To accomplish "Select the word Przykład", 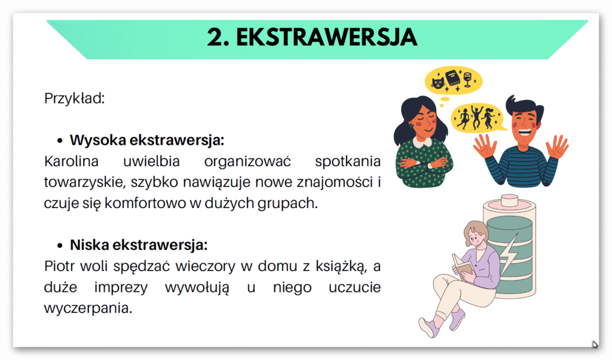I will pyautogui.click(x=75, y=98).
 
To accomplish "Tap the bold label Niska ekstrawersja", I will pyautogui.click(x=139, y=245).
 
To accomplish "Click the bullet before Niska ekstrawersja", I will pyautogui.click(x=60, y=246).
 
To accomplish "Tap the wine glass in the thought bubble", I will pyautogui.click(x=468, y=78).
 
